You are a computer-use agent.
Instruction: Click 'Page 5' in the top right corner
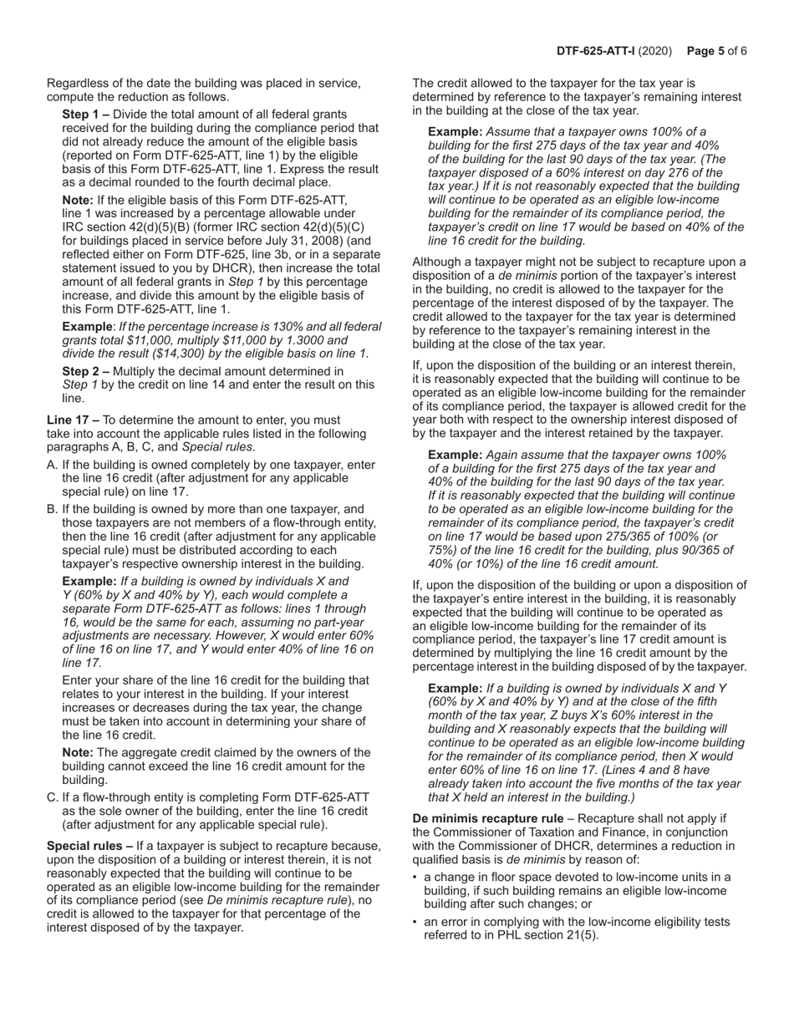click(707, 51)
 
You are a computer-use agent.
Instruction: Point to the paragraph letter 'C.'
click(53, 797)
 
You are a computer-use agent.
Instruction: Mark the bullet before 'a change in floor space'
click(415, 877)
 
